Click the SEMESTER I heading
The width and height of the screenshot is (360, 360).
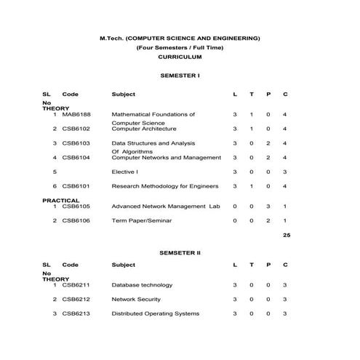(180, 76)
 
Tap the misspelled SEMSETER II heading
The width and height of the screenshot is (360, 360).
(180, 252)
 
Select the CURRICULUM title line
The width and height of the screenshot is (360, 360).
(180, 57)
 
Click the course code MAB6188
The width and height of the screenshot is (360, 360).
(76, 114)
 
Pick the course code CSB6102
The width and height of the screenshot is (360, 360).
(76, 129)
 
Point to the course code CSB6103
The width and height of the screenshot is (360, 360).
(76, 143)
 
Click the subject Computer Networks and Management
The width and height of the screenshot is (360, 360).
(167, 157)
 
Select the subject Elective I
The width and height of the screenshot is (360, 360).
(124, 172)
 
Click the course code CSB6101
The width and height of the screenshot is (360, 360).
(76, 186)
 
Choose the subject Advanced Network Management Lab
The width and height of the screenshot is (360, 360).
(165, 206)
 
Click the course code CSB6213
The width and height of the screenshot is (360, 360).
(76, 313)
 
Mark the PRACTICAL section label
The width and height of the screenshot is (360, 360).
(61, 200)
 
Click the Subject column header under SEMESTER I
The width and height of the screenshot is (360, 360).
(124, 95)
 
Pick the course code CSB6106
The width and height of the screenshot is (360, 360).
(76, 220)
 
